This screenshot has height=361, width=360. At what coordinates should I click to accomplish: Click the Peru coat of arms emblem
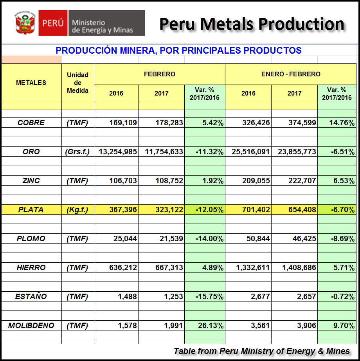25,23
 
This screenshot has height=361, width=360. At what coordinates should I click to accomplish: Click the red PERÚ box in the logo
53,23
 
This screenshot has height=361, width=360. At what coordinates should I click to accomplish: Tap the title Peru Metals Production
252,23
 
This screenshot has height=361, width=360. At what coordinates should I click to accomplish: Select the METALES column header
31,83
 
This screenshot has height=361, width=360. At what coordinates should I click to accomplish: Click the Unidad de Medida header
77,83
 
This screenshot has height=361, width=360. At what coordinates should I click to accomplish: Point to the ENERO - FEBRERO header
290,74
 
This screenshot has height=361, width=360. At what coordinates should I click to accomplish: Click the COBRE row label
31,123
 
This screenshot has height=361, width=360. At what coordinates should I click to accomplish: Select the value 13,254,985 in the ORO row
116,152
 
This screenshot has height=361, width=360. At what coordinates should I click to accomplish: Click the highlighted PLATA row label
31,209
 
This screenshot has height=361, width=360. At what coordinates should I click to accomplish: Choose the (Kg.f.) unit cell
77,209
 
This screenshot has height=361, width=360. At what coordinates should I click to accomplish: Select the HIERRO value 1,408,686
295,267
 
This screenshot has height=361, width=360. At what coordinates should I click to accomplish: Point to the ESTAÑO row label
31,296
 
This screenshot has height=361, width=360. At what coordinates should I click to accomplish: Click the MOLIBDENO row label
31,325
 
